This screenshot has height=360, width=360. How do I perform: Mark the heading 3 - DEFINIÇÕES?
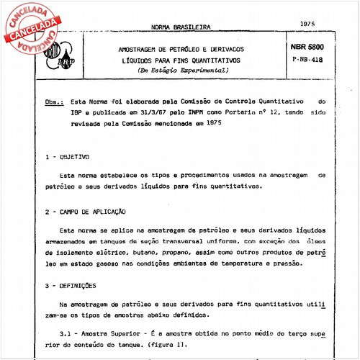coord(71,284)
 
